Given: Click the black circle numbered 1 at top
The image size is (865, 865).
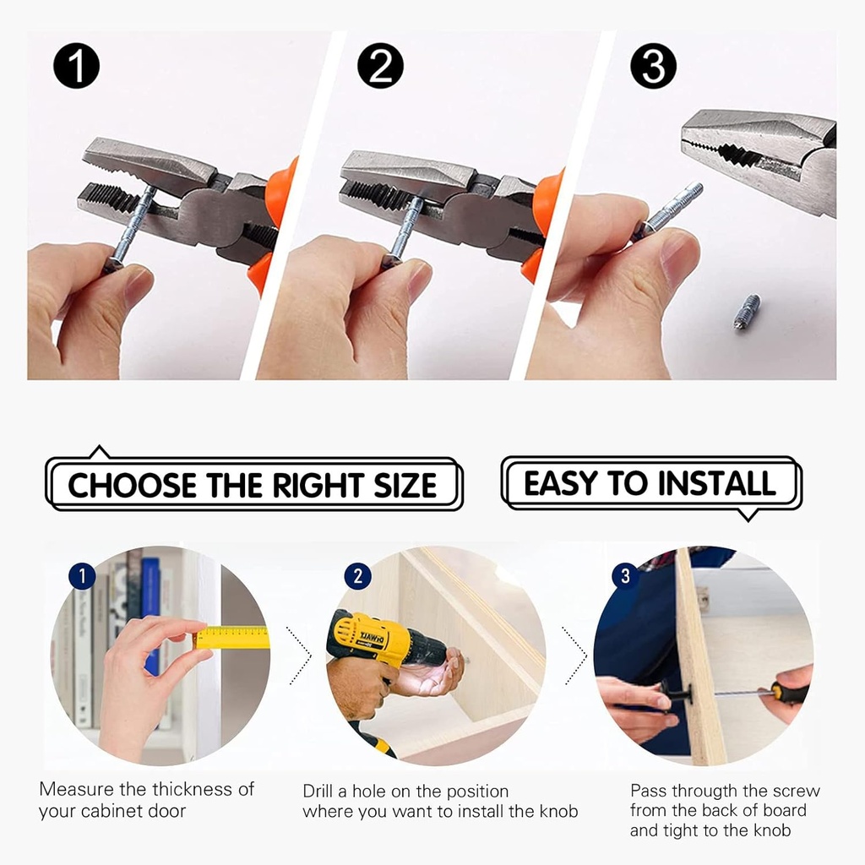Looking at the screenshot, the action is [x=76, y=66].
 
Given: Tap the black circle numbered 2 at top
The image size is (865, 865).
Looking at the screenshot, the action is [x=380, y=66].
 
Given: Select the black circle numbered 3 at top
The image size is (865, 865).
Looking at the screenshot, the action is [x=653, y=66].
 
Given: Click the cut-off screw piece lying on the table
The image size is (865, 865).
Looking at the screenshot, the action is [x=748, y=312].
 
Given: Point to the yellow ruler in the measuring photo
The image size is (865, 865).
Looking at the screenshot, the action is [x=231, y=637].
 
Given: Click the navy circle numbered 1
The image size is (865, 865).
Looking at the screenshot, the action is [x=82, y=576].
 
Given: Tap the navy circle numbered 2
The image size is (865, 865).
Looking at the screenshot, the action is [x=357, y=576].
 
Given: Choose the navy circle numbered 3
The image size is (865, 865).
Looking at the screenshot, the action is [x=626, y=576].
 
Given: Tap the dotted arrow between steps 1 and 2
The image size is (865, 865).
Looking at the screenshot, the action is [x=301, y=656].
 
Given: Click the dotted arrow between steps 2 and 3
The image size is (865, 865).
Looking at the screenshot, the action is [x=575, y=656].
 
